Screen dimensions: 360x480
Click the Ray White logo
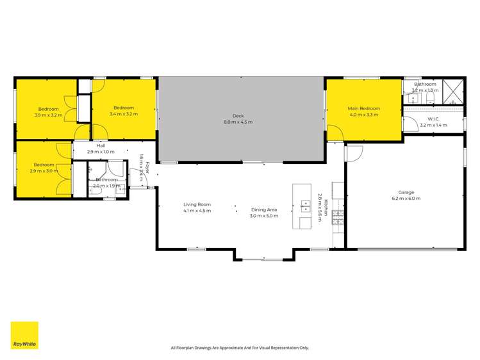click(x=24, y=335)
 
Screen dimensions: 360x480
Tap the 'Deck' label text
click(x=238, y=116)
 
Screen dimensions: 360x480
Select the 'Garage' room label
click(x=406, y=192)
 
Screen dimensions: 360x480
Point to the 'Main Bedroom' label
click(x=364, y=109)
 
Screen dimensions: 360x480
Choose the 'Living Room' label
click(x=197, y=204)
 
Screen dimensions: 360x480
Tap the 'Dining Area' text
click(x=264, y=209)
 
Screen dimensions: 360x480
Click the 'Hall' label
click(x=101, y=145)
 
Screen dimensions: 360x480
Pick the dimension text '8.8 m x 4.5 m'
click(x=238, y=122)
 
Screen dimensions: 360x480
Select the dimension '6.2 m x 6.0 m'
click(x=406, y=199)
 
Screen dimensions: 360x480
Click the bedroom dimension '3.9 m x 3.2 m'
click(x=48, y=115)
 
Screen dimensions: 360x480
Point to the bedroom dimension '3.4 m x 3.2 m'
click(x=124, y=113)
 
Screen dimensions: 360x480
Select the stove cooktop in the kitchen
click(x=338, y=217)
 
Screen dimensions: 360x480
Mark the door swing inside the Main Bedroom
click(x=335, y=133)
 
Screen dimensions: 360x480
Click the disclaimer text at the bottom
click(x=240, y=348)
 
